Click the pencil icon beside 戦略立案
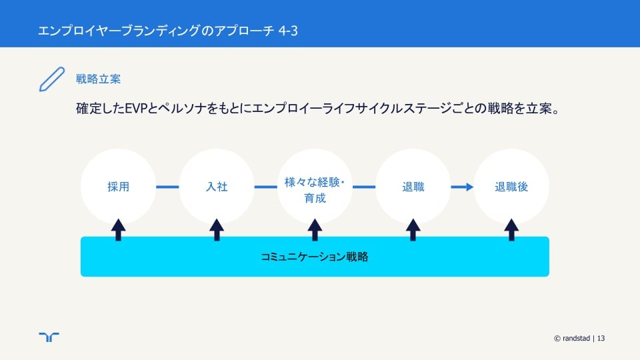point(52,79)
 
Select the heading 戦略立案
point(99,79)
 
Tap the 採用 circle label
point(119,187)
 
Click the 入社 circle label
point(217,187)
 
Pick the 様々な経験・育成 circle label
point(315,190)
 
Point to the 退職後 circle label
point(511,187)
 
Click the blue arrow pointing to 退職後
point(462,187)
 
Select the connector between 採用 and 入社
point(167,187)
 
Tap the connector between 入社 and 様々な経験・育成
point(266,187)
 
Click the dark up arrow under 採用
point(119,230)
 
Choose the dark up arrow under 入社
point(217,230)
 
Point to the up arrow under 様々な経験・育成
point(315,230)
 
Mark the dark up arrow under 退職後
point(511,230)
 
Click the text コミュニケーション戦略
point(315,257)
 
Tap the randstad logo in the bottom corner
point(49,337)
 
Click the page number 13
point(601,339)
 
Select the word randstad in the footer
point(576,339)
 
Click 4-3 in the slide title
point(288,31)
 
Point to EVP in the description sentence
point(135,109)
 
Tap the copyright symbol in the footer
point(557,339)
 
